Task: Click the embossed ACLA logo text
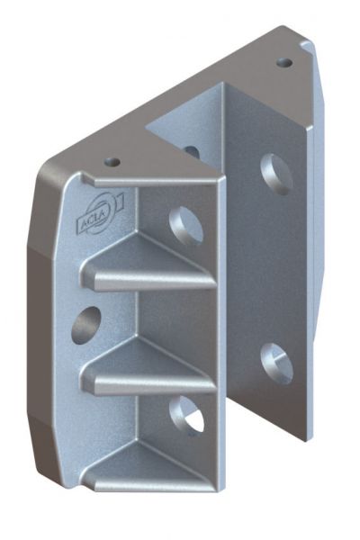tap(88, 224)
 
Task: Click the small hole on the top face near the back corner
tap(285, 63)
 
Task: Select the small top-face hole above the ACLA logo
tap(112, 161)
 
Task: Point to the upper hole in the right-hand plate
tap(276, 175)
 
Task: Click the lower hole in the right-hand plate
tap(276, 364)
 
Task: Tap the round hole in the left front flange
tap(85, 325)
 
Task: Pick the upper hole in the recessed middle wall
tap(185, 226)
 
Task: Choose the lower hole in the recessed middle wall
tap(186, 414)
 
